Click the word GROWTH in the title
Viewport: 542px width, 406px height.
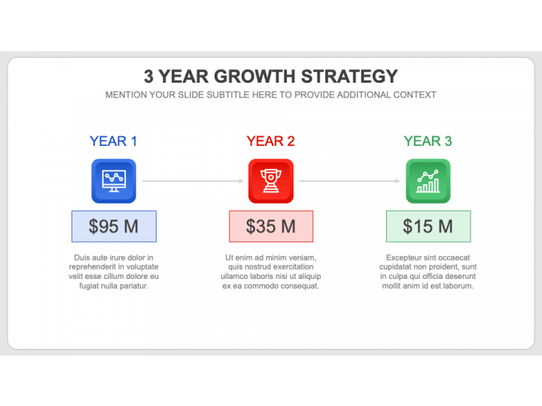[x=254, y=76]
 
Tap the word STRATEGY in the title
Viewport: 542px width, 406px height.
[x=349, y=76]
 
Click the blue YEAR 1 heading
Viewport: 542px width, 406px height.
[x=114, y=141]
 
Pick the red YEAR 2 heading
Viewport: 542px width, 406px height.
[x=271, y=141]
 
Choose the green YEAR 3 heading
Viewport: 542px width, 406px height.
[x=428, y=141]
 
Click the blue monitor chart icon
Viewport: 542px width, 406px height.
[x=114, y=181]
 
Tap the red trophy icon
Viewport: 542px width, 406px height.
[x=271, y=181]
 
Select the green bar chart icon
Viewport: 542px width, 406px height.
[x=428, y=181]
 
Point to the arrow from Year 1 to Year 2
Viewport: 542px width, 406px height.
[x=193, y=181]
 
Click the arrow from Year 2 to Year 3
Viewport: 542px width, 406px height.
[x=349, y=181]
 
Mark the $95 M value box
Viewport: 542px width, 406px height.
[x=114, y=226]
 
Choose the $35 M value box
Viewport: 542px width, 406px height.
[x=271, y=226]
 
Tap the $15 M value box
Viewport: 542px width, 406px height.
[x=428, y=226]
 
